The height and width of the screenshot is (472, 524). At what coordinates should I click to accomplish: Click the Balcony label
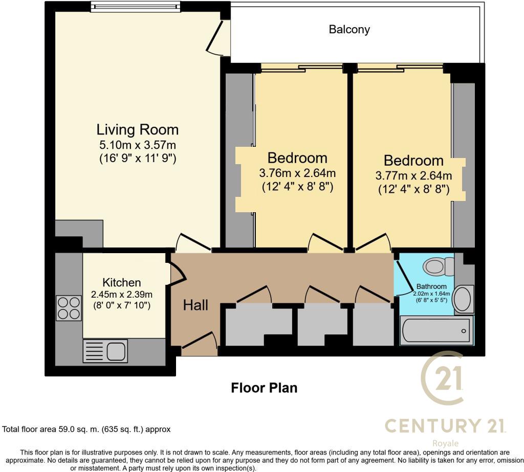(349, 30)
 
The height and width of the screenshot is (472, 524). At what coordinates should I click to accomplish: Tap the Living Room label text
(138, 129)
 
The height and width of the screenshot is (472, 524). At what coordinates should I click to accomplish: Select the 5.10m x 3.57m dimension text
(138, 145)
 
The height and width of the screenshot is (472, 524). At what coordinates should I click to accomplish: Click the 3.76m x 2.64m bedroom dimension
(297, 173)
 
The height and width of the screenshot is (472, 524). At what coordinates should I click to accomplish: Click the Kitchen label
(121, 282)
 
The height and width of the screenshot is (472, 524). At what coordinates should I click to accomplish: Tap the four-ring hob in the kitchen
(69, 308)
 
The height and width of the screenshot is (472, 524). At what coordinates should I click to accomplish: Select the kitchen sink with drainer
(105, 351)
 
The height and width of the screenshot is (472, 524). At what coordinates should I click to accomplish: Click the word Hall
(195, 305)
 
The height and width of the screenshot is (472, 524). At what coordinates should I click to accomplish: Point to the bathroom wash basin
(464, 300)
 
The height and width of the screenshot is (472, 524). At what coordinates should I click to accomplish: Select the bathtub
(436, 331)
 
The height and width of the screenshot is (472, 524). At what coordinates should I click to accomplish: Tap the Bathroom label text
(431, 286)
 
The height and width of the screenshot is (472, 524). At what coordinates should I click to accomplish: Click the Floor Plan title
(264, 388)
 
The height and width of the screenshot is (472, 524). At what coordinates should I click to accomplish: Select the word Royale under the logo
(445, 443)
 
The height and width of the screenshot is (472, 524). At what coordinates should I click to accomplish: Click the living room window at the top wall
(136, 7)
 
